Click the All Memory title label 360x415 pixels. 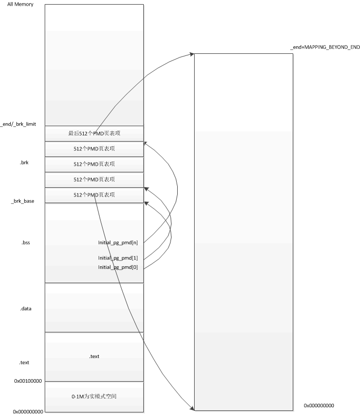click(21, 5)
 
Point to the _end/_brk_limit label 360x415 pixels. click(18, 124)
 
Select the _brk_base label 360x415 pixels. click(23, 201)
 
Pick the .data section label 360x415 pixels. click(26, 309)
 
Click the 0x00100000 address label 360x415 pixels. click(28, 382)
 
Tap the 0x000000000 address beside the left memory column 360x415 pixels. click(28, 411)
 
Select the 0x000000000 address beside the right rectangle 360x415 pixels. click(318, 405)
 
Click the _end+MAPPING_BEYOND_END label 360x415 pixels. click(325, 47)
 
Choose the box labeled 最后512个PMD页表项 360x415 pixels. click(94, 133)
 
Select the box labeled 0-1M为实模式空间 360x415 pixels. click(94, 397)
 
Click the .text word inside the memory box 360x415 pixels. click(94, 356)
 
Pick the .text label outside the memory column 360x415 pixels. click(25, 362)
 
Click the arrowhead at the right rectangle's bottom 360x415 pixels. click(192, 409)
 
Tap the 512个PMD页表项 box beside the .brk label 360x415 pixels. click(94, 164)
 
